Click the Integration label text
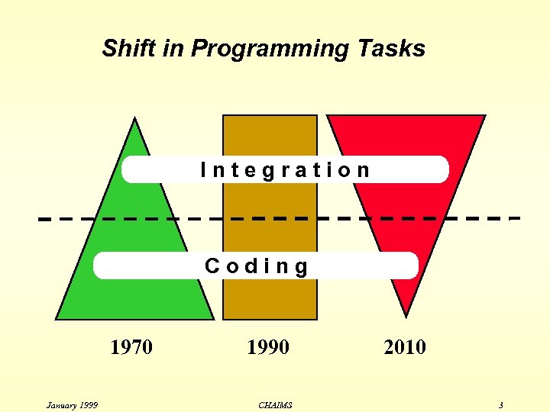pyautogui.click(x=285, y=170)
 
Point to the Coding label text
pyautogui.click(x=257, y=266)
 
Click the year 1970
pyautogui.click(x=131, y=348)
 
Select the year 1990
pyautogui.click(x=268, y=348)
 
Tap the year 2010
pyautogui.click(x=405, y=348)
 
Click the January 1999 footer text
pyautogui.click(x=72, y=405)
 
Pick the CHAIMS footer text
pyautogui.click(x=275, y=405)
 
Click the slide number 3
pyautogui.click(x=500, y=405)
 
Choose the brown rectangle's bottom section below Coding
pyautogui.click(x=269, y=299)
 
